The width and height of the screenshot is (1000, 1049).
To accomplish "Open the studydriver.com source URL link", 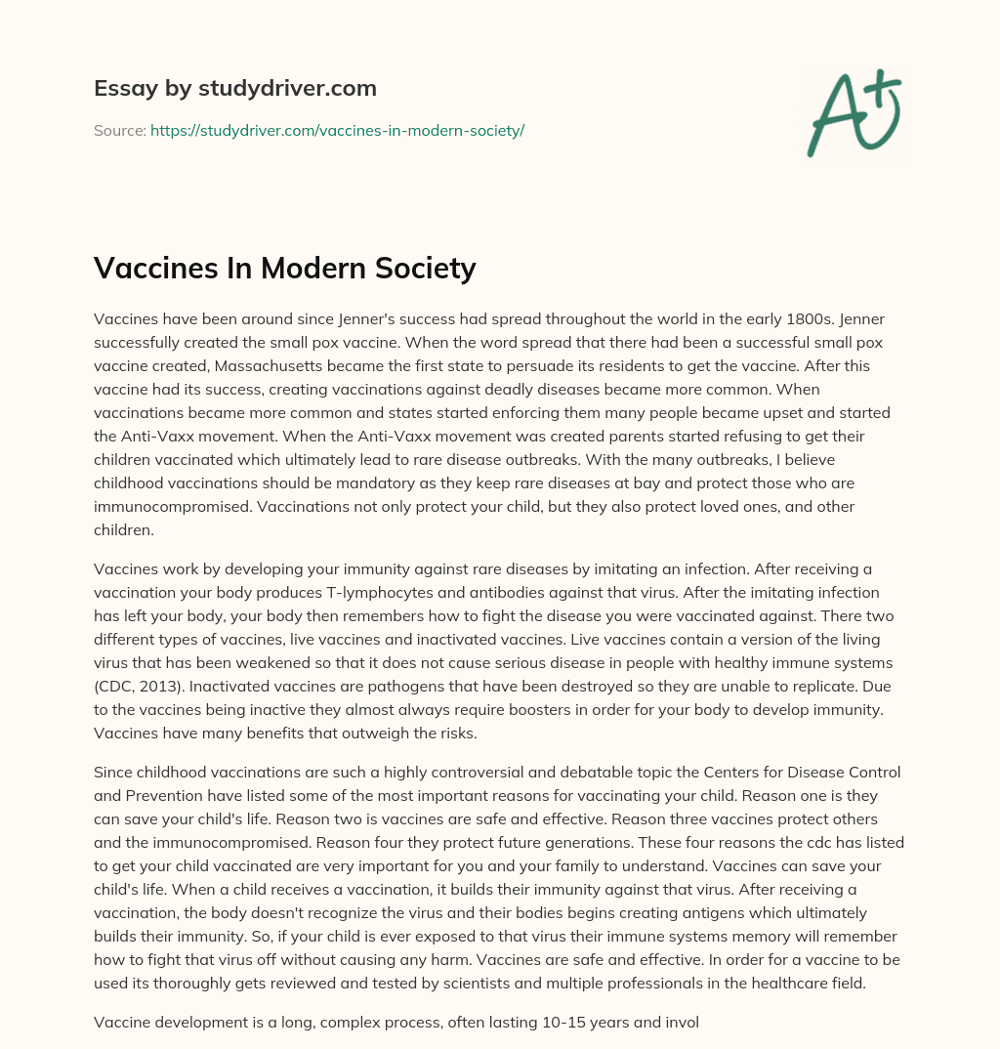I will (x=337, y=130).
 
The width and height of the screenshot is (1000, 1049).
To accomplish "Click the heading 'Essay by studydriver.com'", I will (x=235, y=88).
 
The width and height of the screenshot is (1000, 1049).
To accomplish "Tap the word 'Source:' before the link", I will (x=119, y=130).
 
